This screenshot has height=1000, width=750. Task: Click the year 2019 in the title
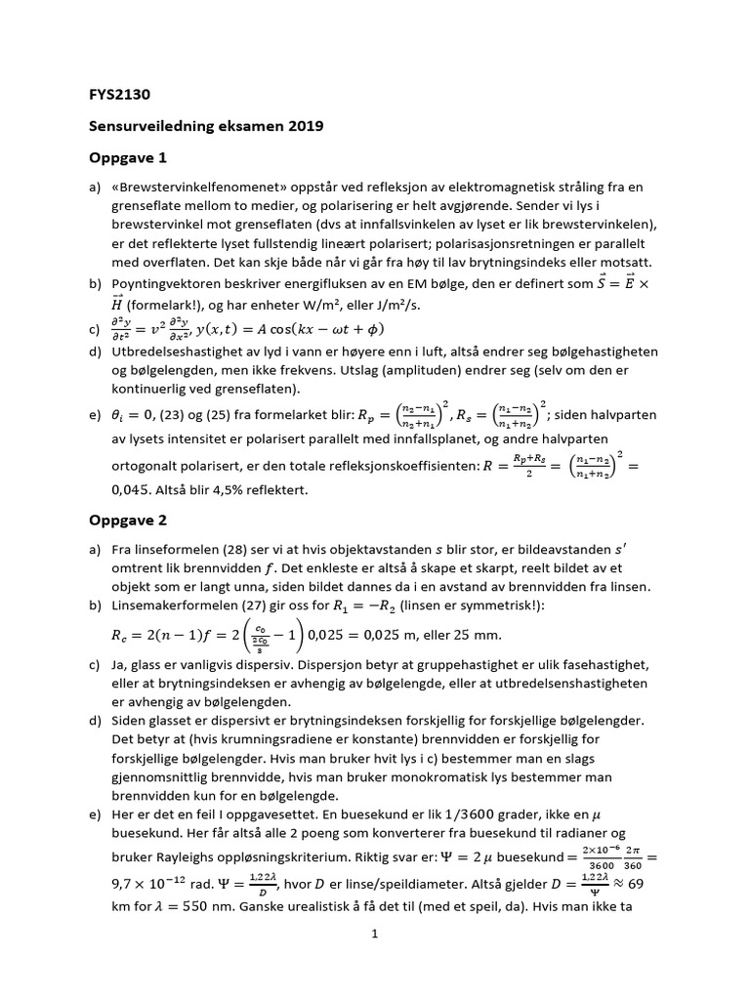304,126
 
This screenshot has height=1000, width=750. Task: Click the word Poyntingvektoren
172,284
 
